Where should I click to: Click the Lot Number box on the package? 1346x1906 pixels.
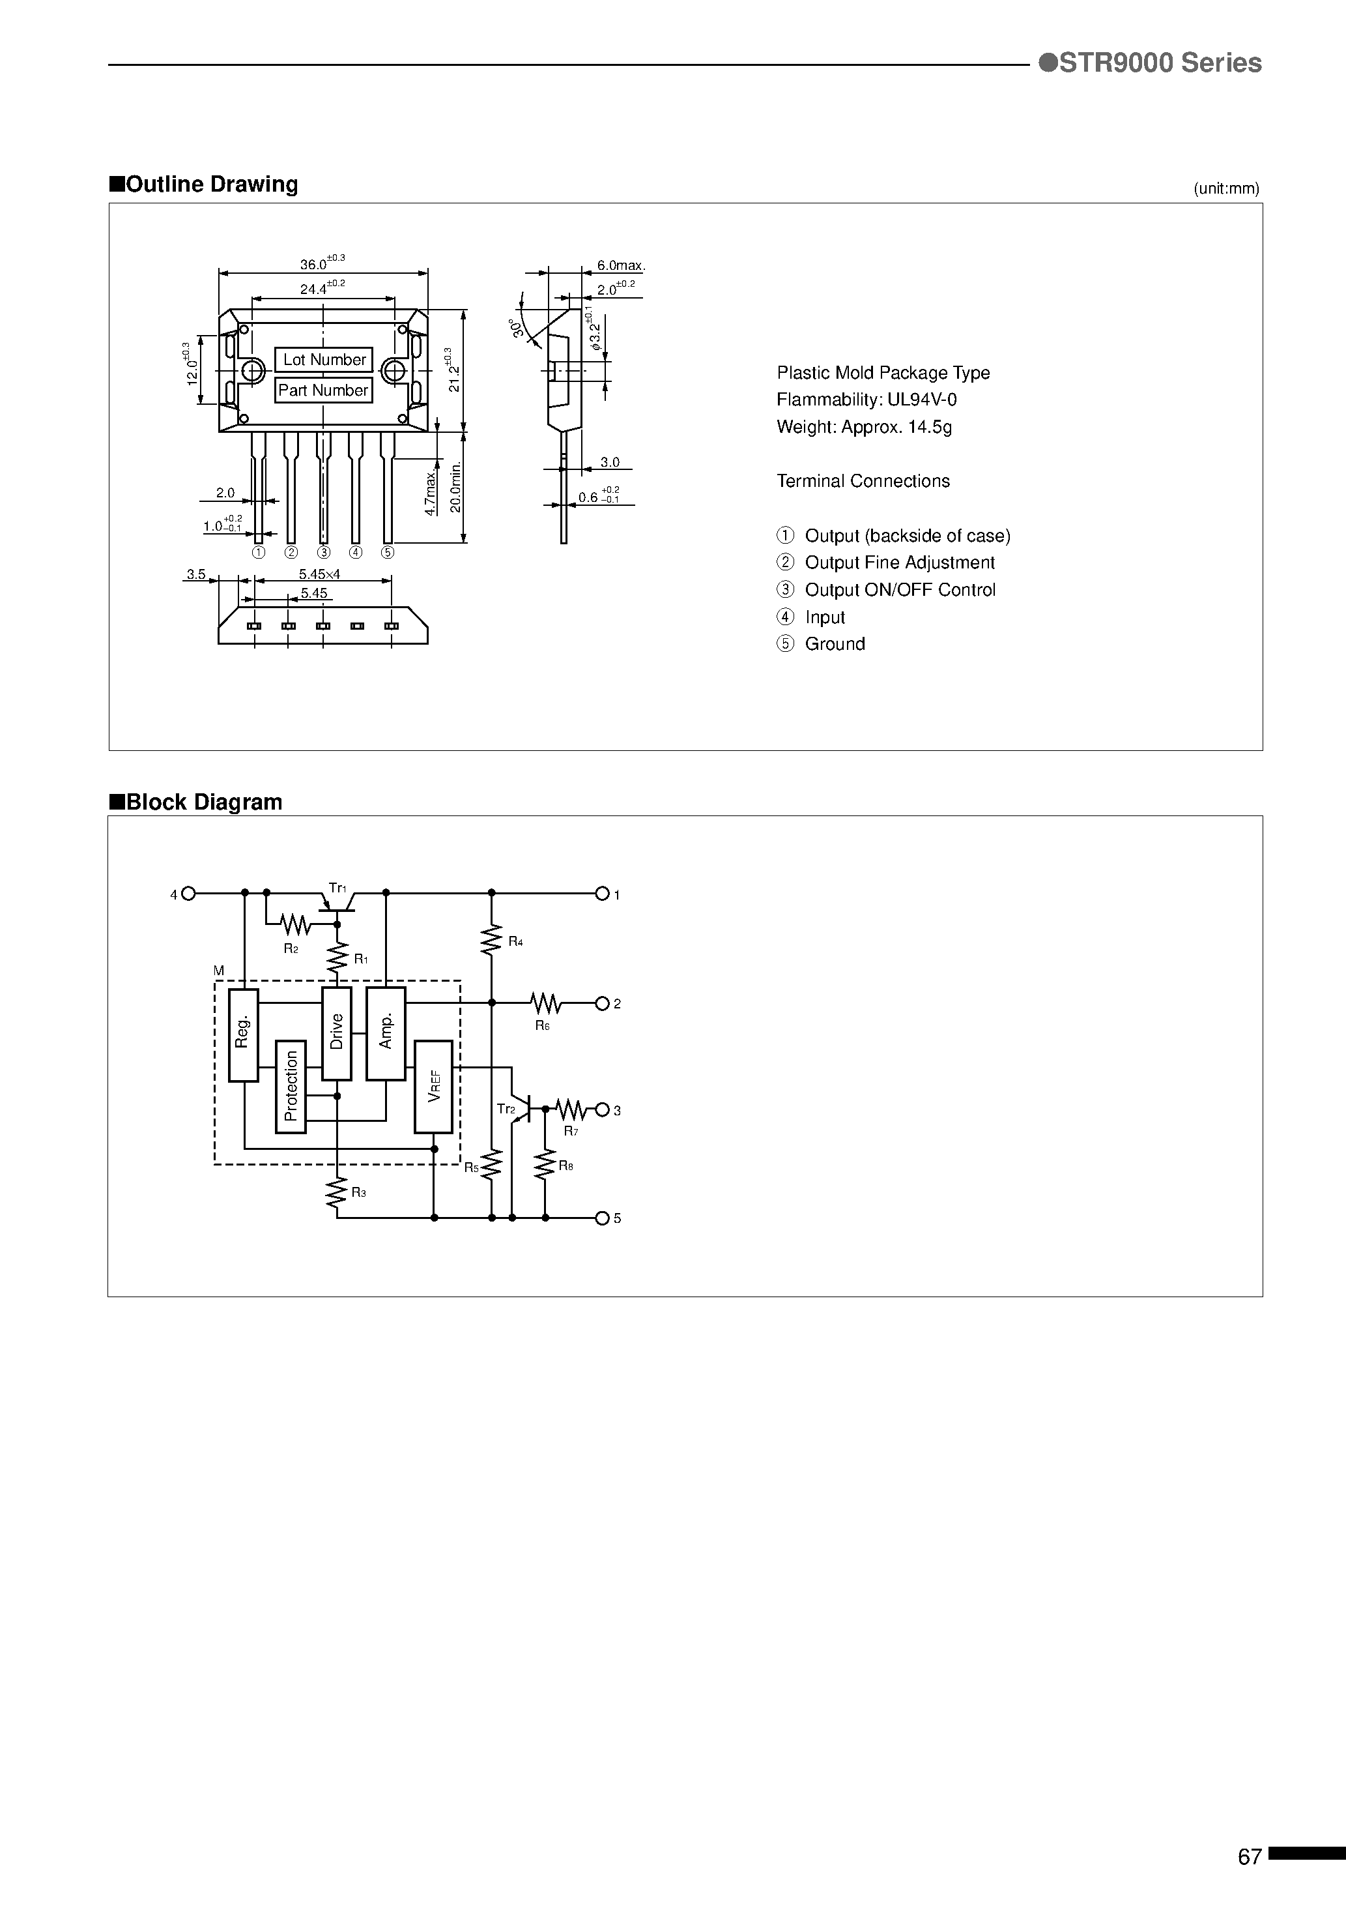coord(324,359)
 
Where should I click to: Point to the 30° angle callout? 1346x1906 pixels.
coord(519,327)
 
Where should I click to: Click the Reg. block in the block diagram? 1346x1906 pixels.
coord(243,1034)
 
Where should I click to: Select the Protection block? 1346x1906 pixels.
coord(291,1086)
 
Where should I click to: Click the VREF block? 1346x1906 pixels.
coord(433,1086)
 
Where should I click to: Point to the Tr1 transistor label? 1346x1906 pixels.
coord(336,887)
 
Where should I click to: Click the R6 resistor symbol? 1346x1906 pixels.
coord(545,1004)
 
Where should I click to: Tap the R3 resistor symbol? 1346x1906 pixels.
coord(337,1192)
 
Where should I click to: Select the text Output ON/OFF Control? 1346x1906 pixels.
coord(900,589)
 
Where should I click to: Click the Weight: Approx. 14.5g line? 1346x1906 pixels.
coord(864,427)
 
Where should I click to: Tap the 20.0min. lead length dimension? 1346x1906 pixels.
coord(455,489)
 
